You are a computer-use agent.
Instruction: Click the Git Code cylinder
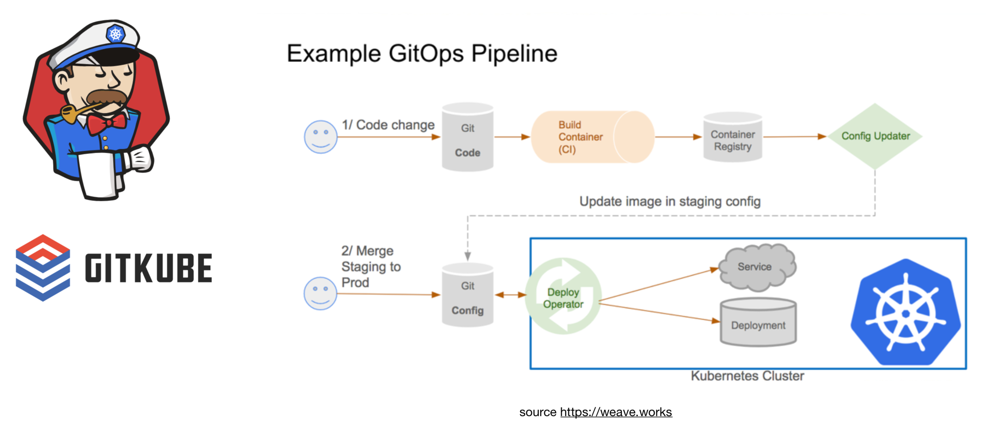[467, 137]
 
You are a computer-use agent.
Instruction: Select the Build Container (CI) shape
[592, 137]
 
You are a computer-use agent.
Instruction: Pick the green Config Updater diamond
[875, 136]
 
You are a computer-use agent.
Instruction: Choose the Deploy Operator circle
[563, 296]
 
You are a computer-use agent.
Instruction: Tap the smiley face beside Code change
[320, 137]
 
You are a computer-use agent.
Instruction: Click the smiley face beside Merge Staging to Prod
[320, 294]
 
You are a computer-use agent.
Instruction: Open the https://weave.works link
[616, 412]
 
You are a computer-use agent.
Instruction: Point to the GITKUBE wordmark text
[148, 268]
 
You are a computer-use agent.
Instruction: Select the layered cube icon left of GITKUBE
[43, 268]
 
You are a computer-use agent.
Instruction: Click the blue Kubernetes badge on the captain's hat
[115, 34]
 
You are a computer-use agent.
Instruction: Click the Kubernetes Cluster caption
[747, 376]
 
